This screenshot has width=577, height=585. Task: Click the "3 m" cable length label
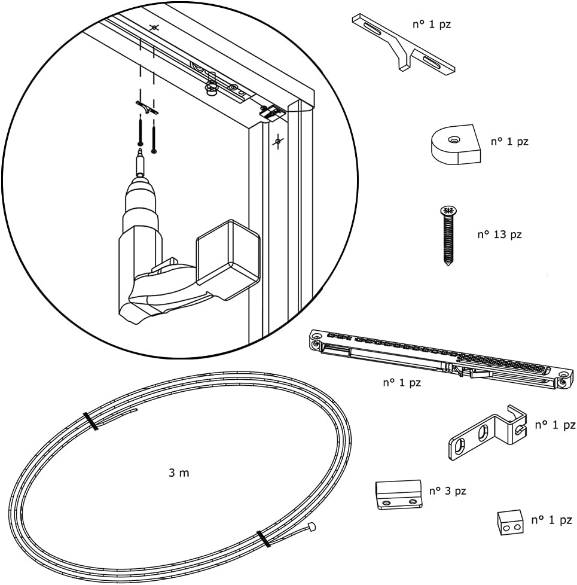pyautogui.click(x=179, y=473)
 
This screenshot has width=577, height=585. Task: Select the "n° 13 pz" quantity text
pyautogui.click(x=499, y=234)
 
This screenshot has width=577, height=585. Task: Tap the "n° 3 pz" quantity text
pyautogui.click(x=447, y=491)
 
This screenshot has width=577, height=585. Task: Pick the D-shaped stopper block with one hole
pyautogui.click(x=456, y=145)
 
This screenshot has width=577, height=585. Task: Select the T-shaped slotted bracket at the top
pyautogui.click(x=403, y=42)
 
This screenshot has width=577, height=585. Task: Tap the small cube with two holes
pyautogui.click(x=510, y=522)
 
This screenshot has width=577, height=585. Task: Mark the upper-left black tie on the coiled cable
pyautogui.click(x=91, y=421)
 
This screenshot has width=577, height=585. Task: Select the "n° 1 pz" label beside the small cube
pyautogui.click(x=551, y=520)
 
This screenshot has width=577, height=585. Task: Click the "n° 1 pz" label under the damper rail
pyautogui.click(x=402, y=383)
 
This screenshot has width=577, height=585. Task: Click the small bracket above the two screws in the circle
pyautogui.click(x=146, y=107)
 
